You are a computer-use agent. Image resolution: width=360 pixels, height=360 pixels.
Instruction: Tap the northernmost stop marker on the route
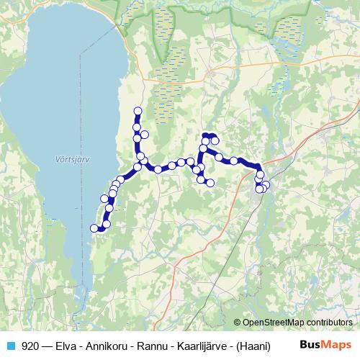tap(138, 111)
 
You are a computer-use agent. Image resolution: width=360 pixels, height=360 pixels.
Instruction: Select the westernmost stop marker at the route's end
tap(94, 228)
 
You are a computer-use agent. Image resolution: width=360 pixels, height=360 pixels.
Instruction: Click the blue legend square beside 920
tap(11, 346)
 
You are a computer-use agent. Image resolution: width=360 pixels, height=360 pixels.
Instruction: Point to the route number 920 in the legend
tap(31, 346)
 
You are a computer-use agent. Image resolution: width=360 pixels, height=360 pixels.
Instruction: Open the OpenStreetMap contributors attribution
tap(297, 322)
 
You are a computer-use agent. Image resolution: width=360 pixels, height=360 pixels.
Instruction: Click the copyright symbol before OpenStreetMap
tap(238, 322)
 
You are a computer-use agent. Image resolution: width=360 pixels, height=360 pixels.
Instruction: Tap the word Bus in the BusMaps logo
tap(310, 346)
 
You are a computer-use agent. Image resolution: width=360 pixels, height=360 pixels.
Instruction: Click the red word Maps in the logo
tap(337, 346)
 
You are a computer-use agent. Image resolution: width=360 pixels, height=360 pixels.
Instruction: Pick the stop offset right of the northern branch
tap(145, 134)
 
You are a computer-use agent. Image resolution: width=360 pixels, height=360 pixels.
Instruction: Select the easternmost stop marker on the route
tap(266, 185)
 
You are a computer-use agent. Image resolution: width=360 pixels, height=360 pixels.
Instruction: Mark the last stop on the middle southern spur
tap(210, 183)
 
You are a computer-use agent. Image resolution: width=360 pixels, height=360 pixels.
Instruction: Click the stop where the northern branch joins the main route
tap(141, 156)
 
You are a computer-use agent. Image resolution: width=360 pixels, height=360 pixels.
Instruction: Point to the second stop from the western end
tap(106, 224)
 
